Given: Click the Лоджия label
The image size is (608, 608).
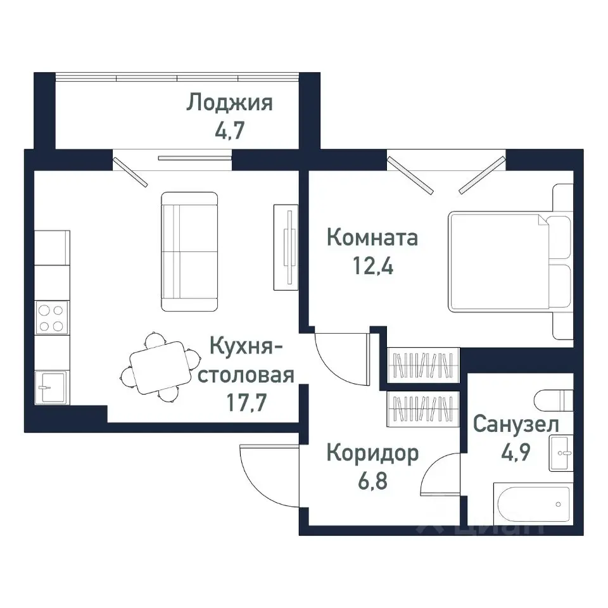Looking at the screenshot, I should point(229,103).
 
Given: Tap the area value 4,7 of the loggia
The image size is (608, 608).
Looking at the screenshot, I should point(229,131).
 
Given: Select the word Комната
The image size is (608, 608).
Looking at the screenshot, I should point(372,238).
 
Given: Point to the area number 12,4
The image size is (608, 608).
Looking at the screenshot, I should point(372,267).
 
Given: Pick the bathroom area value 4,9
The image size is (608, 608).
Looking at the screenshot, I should point(516,451).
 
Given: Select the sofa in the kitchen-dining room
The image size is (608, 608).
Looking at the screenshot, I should point(189,251).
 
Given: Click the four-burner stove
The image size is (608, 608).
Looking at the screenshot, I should point(51,318).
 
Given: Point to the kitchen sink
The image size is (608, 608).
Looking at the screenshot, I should point(51,386).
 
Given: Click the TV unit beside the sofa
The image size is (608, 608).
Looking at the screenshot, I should point(286,244).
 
